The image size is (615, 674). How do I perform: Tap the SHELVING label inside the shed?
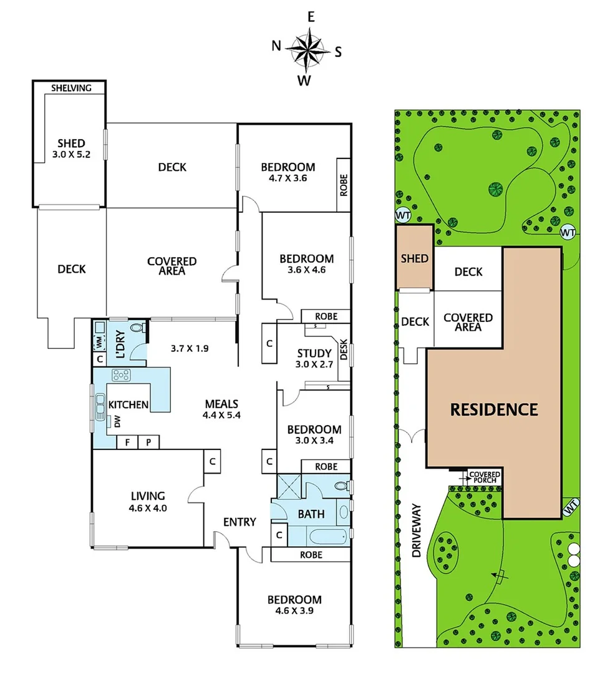click(71, 88)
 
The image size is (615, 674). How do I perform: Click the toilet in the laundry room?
click(137, 328)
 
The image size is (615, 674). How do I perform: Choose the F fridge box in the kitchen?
click(127, 442)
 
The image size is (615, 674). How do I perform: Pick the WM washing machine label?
click(99, 342)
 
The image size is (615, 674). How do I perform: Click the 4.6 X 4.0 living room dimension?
click(148, 508)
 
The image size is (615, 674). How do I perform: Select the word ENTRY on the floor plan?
click(239, 521)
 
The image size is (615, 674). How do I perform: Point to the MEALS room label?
click(221, 404)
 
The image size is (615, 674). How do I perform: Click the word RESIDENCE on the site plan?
click(493, 409)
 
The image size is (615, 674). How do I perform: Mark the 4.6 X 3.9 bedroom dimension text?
click(294, 611)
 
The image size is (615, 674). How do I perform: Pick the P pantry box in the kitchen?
click(148, 442)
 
